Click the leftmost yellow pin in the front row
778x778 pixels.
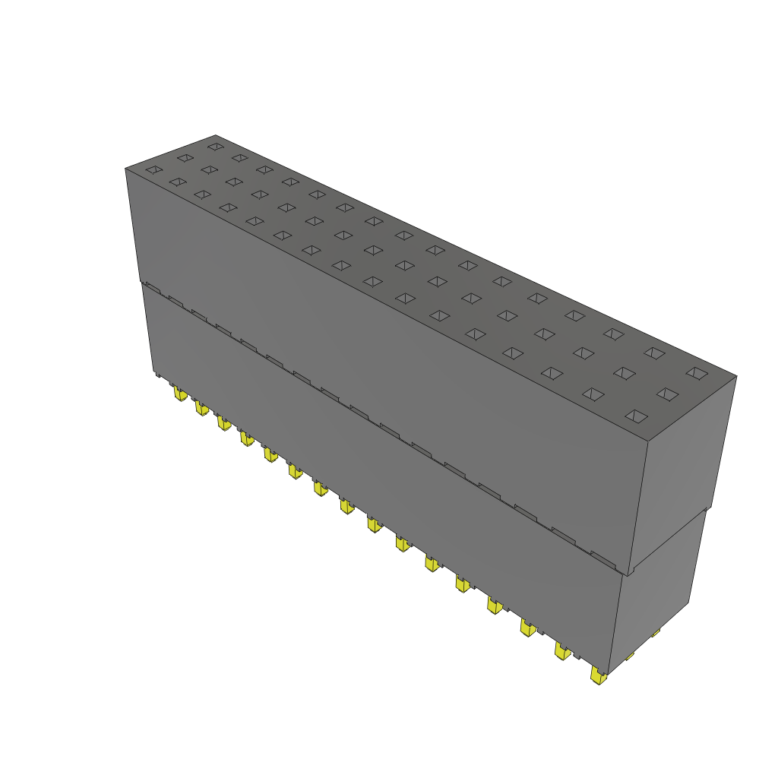179,394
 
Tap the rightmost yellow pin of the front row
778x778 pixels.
599,675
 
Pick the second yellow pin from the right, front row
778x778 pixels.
562,651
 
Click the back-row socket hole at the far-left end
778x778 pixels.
216,146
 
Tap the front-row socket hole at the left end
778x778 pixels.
154,169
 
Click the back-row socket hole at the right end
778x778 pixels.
696,372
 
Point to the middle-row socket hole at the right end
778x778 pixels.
667,394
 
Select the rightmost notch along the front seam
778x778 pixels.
603,561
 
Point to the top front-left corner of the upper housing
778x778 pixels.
125,169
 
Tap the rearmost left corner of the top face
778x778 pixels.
215,134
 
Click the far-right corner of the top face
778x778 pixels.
736,375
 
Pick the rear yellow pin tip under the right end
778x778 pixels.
655,632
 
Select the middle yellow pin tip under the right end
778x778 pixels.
629,655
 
